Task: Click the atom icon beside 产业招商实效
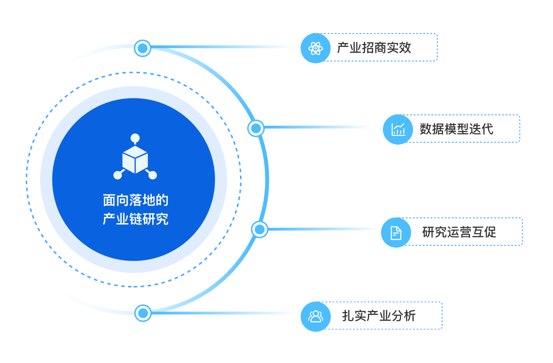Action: (x=315, y=48)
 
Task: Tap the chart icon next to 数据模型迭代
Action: (x=398, y=129)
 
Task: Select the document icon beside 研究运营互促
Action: (x=396, y=232)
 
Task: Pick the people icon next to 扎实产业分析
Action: (x=315, y=316)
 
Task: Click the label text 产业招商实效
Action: (x=374, y=48)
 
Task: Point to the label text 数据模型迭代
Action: (x=456, y=129)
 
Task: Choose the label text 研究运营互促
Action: (x=459, y=232)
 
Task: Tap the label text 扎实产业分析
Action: (x=379, y=316)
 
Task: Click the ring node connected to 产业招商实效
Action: (x=142, y=48)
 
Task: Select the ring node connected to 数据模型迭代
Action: (x=256, y=128)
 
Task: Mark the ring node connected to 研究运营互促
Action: (x=259, y=230)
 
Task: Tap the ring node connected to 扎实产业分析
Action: (x=142, y=313)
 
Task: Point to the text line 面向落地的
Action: (x=135, y=200)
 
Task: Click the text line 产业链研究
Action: (x=135, y=219)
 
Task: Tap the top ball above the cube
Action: (x=135, y=138)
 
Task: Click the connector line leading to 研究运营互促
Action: (x=321, y=229)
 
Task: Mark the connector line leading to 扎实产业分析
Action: (x=222, y=313)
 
